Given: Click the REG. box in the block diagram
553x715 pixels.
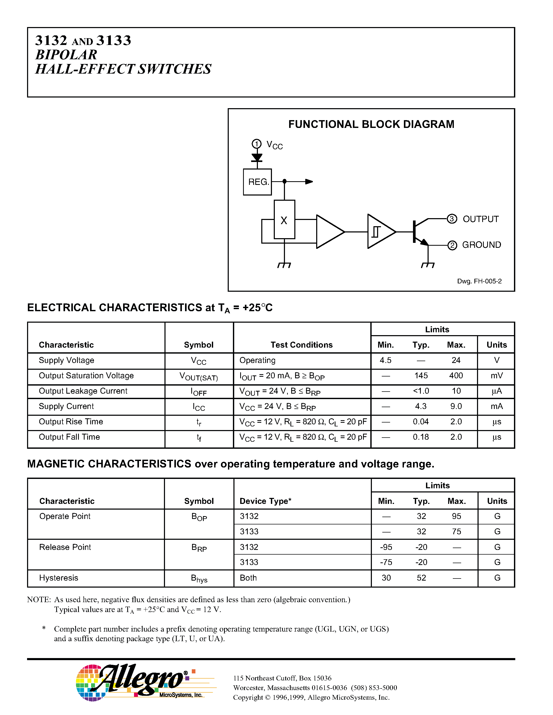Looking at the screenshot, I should (257, 182).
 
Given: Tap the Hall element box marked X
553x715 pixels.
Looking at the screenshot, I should (284, 220).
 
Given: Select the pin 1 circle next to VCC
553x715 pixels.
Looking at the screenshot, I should (257, 144).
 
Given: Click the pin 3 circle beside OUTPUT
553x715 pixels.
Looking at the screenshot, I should (452, 219).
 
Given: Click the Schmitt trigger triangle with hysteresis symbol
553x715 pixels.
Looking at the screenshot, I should (380, 231).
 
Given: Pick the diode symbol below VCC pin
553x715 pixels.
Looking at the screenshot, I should (257, 158).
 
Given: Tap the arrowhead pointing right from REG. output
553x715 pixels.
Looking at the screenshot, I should (309, 181).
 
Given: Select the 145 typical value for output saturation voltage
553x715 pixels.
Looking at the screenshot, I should (421, 375).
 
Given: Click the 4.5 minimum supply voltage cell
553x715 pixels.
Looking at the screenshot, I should (386, 360).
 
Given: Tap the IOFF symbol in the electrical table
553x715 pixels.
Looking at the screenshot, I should (199, 392).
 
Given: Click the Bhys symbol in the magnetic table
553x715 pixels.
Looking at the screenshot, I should (199, 578).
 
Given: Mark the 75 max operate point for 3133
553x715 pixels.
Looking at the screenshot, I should (456, 531).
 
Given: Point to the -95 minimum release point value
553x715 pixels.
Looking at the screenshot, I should (386, 547).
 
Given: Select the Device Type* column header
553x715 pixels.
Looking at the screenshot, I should (265, 501).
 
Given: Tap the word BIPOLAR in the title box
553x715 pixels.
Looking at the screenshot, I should (66, 55).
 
